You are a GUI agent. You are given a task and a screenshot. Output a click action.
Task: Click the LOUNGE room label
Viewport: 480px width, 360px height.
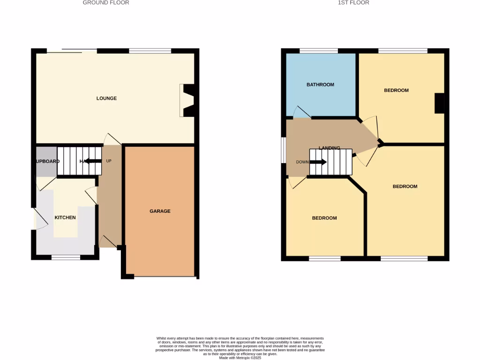tap(106, 98)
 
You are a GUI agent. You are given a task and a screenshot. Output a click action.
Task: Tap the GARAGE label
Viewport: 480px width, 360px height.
tap(160, 211)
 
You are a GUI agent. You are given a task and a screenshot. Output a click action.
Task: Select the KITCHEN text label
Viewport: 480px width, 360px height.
tap(65, 217)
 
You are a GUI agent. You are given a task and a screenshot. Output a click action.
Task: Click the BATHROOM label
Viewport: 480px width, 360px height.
tap(320, 85)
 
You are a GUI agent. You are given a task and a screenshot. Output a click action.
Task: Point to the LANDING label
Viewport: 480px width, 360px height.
tap(329, 148)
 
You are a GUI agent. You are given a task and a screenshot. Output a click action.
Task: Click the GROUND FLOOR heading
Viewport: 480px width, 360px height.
tap(106, 3)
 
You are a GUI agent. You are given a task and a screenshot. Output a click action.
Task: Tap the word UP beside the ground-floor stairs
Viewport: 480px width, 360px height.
tap(109, 161)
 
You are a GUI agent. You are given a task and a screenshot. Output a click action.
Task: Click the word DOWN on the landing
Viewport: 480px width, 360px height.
tap(302, 162)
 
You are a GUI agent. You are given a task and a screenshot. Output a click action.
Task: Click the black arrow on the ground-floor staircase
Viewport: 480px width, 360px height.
tap(93, 161)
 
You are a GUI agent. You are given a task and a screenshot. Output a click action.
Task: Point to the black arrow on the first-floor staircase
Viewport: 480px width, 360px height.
tap(318, 162)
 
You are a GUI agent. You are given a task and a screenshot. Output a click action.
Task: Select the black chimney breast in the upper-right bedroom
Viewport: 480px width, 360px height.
tap(439, 103)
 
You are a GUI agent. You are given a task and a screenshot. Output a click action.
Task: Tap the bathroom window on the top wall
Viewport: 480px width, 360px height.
tap(319, 51)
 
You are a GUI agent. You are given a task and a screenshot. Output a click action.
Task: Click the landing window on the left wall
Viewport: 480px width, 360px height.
tap(284, 150)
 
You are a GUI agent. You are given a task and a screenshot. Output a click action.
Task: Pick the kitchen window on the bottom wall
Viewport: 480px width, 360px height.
tap(66, 257)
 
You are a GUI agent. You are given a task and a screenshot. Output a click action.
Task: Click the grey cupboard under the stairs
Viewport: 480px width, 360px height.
tap(46, 161)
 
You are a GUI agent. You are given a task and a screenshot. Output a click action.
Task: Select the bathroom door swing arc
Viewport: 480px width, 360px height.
tap(302, 112)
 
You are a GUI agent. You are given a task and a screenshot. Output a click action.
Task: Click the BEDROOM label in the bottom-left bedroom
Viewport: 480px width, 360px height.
tap(324, 218)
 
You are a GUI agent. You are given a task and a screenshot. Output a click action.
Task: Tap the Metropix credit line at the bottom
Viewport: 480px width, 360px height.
tap(240, 358)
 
